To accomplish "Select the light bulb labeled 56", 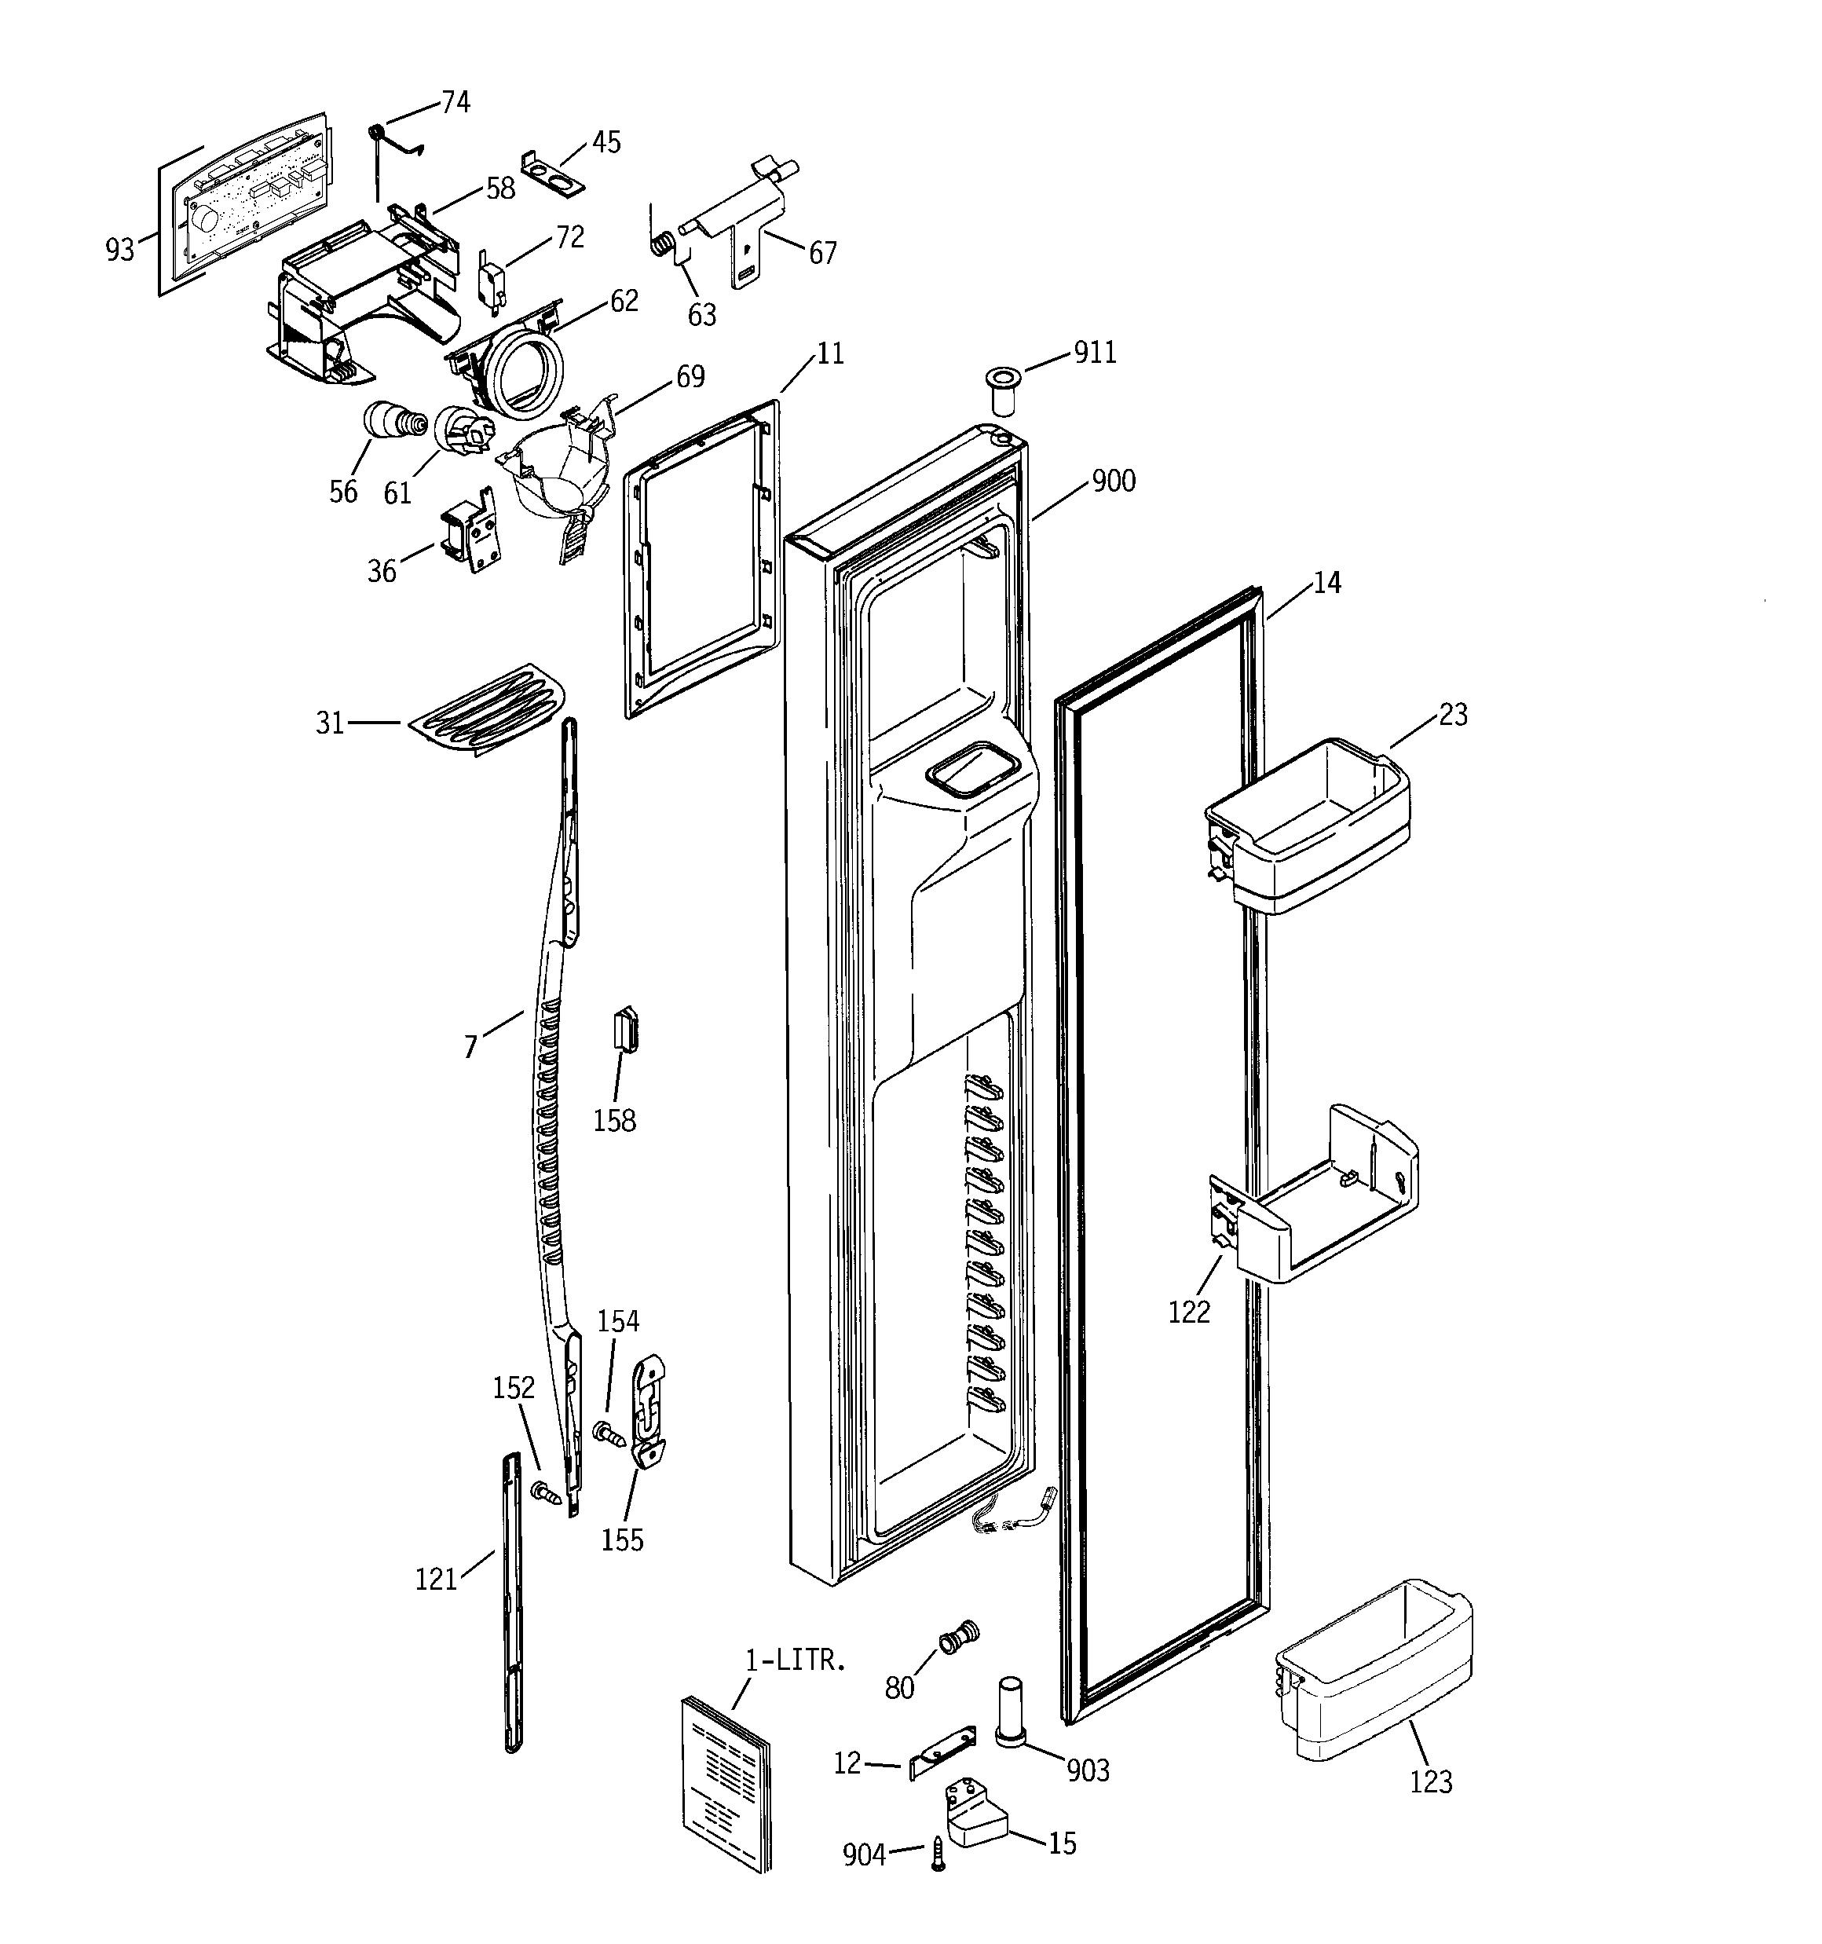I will coord(392,423).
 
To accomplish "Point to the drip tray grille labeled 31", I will coord(487,709).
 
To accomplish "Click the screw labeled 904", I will coord(938,1854).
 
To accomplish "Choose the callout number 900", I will coord(1113,481).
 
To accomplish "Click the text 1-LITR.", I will coord(794,1660).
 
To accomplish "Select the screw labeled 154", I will coord(609,1433).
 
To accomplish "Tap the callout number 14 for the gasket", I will coord(1326,583).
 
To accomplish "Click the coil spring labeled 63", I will coord(663,243).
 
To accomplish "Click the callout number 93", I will coord(119,251).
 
